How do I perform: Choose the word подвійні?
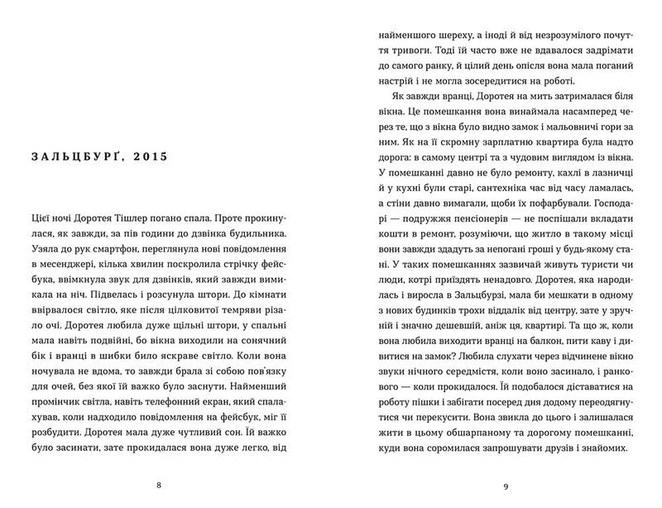click(x=123, y=349)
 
